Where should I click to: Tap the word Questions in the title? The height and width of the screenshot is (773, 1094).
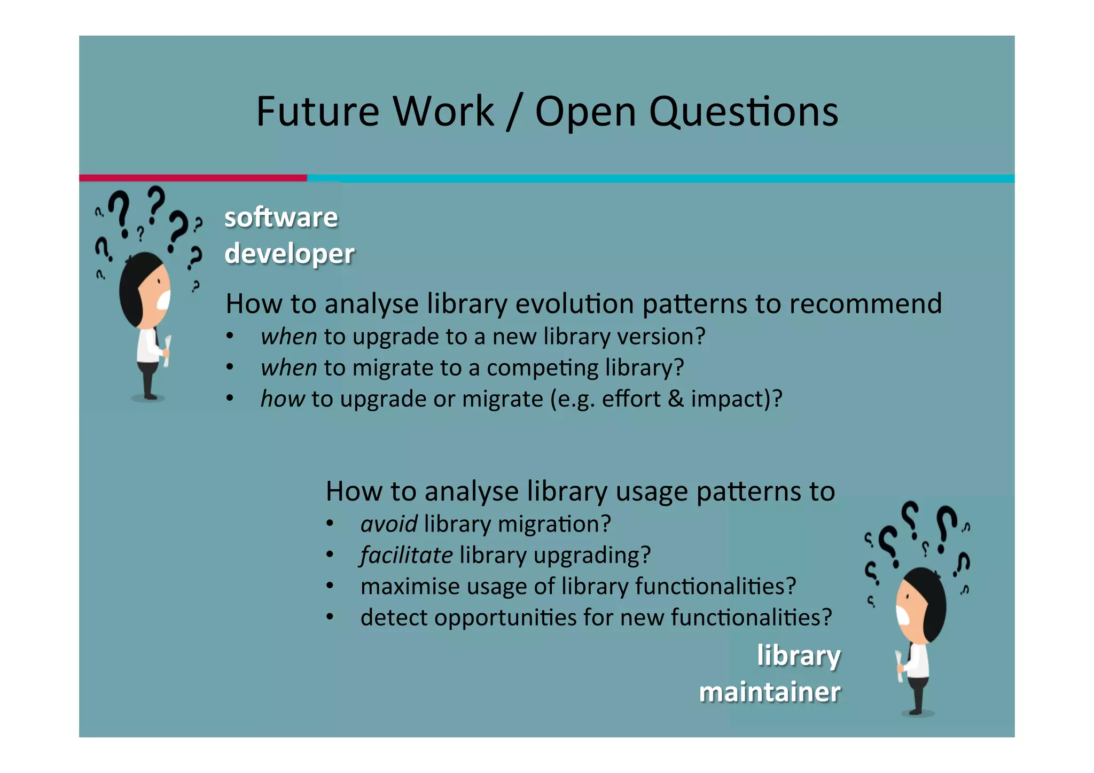[743, 112]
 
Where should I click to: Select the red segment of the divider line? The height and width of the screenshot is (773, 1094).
[192, 178]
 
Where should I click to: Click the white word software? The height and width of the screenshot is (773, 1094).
[281, 217]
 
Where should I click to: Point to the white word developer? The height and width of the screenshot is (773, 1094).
[289, 254]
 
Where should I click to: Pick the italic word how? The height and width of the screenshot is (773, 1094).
[282, 399]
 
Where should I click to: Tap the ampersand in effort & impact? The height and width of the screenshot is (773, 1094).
[675, 399]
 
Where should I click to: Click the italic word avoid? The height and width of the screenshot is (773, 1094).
[388, 524]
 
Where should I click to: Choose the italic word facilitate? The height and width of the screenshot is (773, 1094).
[406, 555]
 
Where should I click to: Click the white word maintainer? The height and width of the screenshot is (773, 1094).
[769, 692]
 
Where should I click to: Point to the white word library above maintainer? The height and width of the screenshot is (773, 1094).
[799, 655]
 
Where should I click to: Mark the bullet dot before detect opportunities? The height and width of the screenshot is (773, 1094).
[330, 618]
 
